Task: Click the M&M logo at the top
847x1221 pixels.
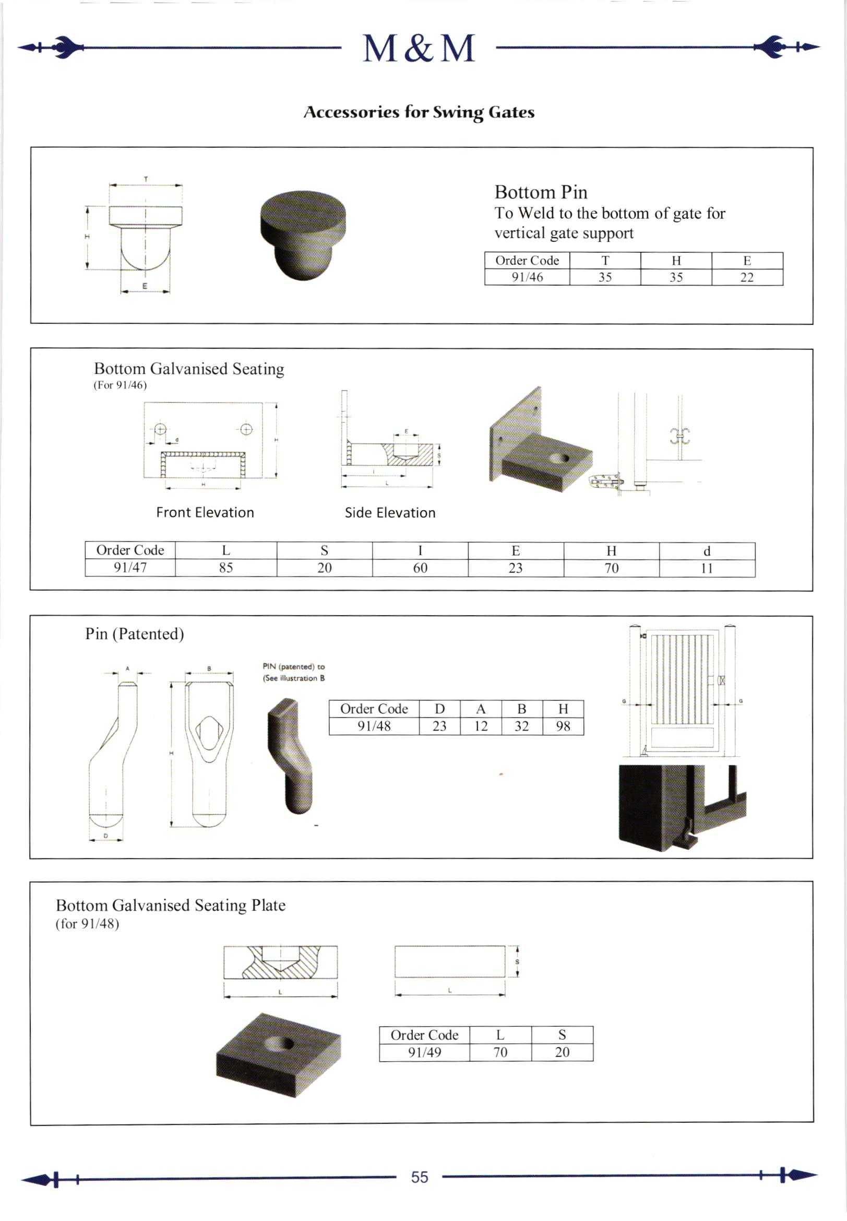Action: pos(419,49)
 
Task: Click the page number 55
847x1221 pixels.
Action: pos(419,1177)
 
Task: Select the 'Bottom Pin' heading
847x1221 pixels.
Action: pos(541,192)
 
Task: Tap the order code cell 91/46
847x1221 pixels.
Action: pos(527,277)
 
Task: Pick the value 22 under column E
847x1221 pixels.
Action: pos(747,277)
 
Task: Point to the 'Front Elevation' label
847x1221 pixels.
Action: pos(205,512)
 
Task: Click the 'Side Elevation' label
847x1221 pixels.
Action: pos(390,512)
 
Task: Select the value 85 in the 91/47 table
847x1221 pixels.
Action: pos(226,568)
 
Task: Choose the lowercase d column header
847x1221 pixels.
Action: pos(707,551)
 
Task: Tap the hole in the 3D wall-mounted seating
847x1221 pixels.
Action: pos(560,458)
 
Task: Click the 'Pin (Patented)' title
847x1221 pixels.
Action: pos(134,633)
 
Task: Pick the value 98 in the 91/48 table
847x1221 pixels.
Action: pos(563,726)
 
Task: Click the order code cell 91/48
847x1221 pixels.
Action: pos(374,726)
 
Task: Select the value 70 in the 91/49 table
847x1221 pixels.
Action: pos(500,1052)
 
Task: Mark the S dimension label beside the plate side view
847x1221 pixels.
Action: pos(517,962)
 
